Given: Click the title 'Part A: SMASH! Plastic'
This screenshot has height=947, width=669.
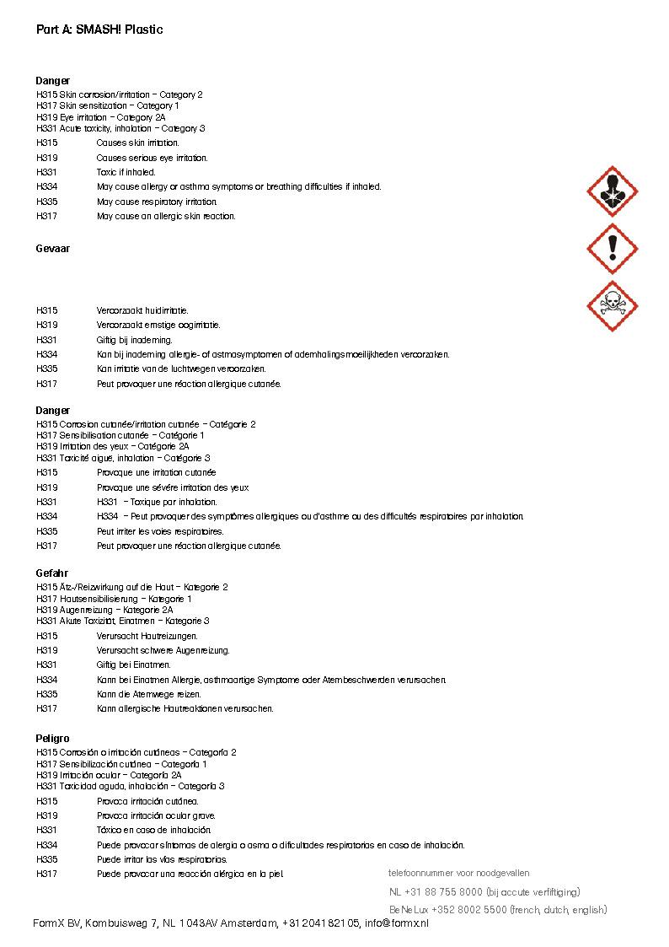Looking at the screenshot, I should click(x=99, y=30).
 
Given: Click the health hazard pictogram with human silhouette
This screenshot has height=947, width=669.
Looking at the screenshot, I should click(x=612, y=191).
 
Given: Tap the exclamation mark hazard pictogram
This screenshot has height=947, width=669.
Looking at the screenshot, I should click(x=612, y=248).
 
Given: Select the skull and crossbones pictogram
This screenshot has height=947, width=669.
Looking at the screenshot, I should click(x=612, y=305).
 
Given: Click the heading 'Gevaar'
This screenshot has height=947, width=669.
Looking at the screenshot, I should click(x=53, y=249).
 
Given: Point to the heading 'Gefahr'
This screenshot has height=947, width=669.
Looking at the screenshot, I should click(x=52, y=573).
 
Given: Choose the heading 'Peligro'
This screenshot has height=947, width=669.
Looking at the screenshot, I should click(x=53, y=739).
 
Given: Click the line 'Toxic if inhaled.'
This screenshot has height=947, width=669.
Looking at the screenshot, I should click(x=126, y=172).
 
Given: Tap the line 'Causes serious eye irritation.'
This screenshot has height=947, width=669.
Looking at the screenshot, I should click(x=152, y=158).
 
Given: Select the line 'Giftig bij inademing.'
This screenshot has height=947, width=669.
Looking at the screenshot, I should click(x=135, y=340).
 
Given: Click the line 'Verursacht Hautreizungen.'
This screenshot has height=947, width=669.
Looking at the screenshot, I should click(x=147, y=636).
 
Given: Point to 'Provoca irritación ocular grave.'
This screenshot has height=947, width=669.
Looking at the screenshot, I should click(x=156, y=815).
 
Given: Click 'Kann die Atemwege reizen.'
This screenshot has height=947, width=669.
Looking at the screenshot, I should click(x=149, y=694).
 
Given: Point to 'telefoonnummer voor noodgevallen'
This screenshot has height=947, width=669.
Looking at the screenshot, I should click(x=459, y=873).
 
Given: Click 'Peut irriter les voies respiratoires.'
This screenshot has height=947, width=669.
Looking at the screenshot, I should click(x=160, y=531).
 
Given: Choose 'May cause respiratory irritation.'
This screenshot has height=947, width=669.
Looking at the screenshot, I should click(x=157, y=202).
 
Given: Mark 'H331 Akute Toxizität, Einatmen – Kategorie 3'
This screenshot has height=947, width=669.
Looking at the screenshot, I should click(x=123, y=621).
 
